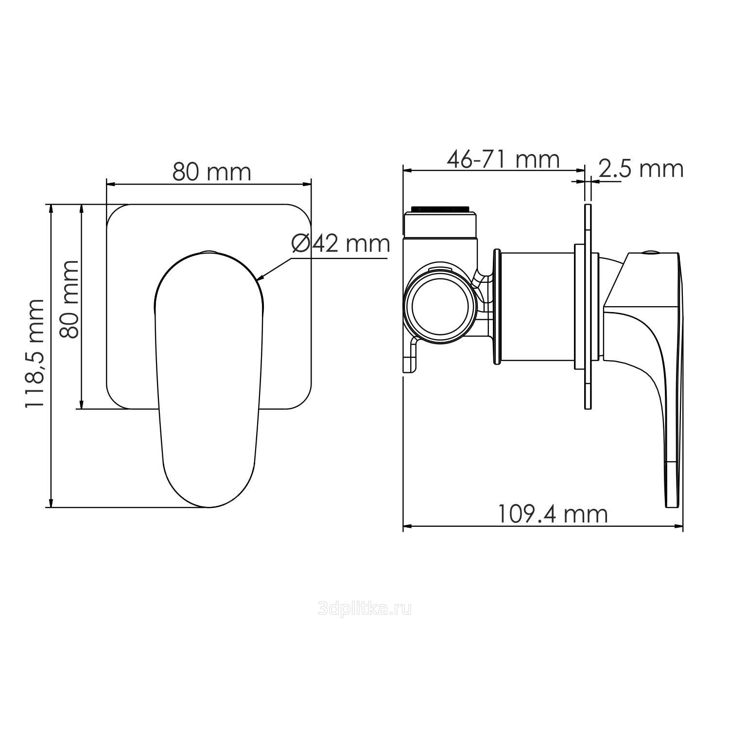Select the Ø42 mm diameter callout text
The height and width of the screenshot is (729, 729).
pyautogui.click(x=341, y=243)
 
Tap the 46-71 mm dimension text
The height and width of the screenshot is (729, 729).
pyautogui.click(x=503, y=159)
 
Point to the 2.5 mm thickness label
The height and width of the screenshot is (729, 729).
pyautogui.click(x=641, y=169)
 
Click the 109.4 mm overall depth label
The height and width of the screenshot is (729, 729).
pyautogui.click(x=553, y=514)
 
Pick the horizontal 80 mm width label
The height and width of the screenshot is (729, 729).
pyautogui.click(x=212, y=172)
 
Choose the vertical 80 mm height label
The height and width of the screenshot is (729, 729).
pyautogui.click(x=69, y=299)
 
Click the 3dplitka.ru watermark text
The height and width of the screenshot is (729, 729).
pyautogui.click(x=364, y=608)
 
